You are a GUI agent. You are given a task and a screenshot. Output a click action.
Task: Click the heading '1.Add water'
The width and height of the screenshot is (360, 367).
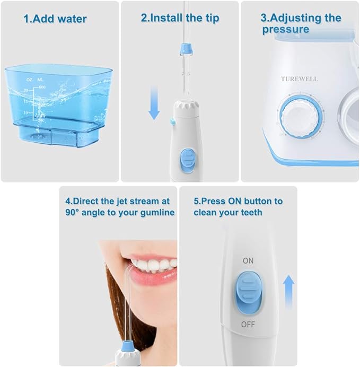pyautogui.click(x=55, y=19)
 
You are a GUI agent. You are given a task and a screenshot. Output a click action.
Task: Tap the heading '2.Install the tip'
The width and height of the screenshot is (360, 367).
pyautogui.click(x=180, y=18)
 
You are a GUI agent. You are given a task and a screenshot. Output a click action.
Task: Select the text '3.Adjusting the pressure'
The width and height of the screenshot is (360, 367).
pyautogui.click(x=300, y=23)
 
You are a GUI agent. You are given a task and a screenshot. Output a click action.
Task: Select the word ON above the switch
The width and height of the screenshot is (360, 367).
pyautogui.click(x=248, y=261)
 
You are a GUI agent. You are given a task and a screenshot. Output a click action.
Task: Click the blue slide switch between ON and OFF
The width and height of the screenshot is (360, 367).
pyautogui.click(x=248, y=292)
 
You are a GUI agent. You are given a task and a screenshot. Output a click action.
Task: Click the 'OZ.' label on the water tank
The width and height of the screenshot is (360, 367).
pyautogui.click(x=30, y=80)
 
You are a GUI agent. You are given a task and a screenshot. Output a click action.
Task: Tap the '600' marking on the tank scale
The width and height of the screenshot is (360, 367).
pyautogui.click(x=42, y=86)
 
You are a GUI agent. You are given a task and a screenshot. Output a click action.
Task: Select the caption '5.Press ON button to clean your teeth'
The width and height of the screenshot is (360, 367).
pyautogui.click(x=238, y=207)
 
